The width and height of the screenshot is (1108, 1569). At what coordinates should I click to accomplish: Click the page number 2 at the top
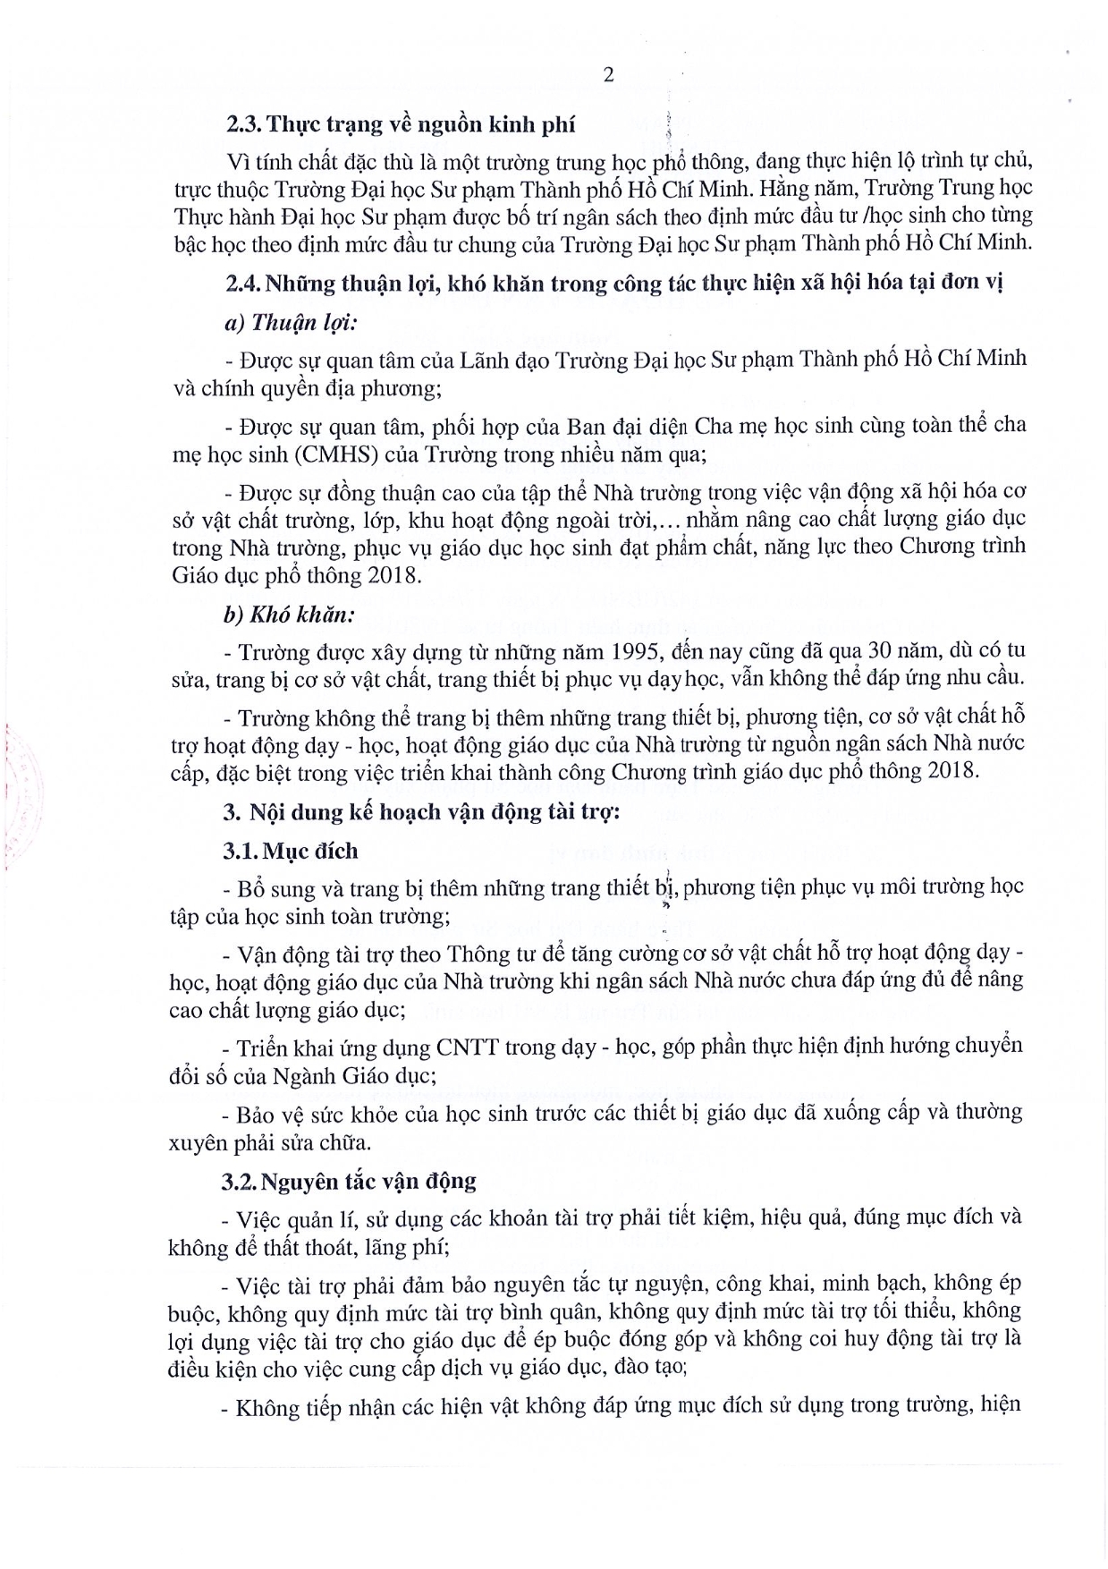pyautogui.click(x=609, y=75)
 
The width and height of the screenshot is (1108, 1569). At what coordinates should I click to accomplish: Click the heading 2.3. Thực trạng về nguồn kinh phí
pyautogui.click(x=400, y=125)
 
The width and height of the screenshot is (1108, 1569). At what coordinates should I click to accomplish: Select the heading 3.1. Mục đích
pyautogui.click(x=291, y=851)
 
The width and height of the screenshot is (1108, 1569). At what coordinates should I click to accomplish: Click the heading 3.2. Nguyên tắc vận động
pyautogui.click(x=350, y=1181)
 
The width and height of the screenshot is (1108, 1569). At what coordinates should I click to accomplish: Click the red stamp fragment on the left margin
pyautogui.click(x=11, y=787)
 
